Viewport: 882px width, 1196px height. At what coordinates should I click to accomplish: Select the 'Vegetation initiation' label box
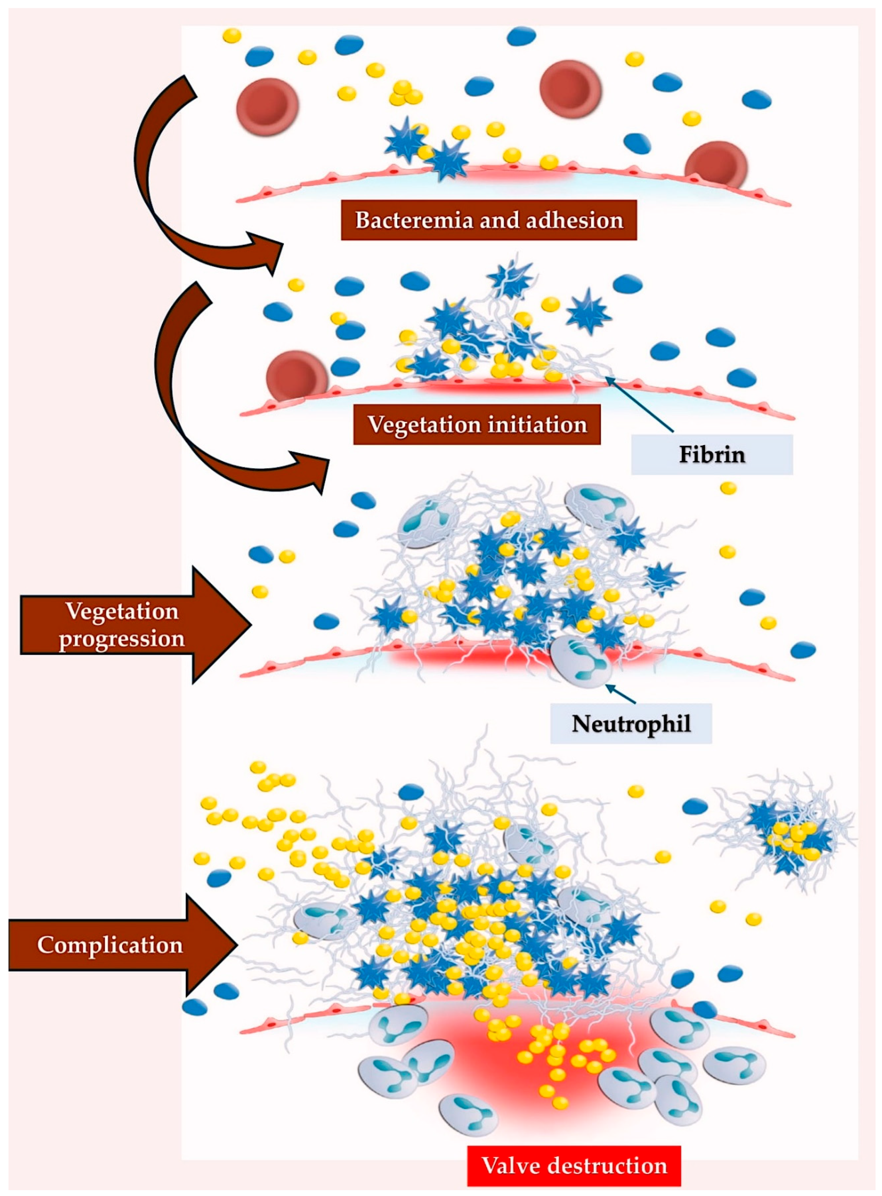pos(477,425)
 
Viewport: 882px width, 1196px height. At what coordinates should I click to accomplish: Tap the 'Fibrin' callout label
pos(712,454)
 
